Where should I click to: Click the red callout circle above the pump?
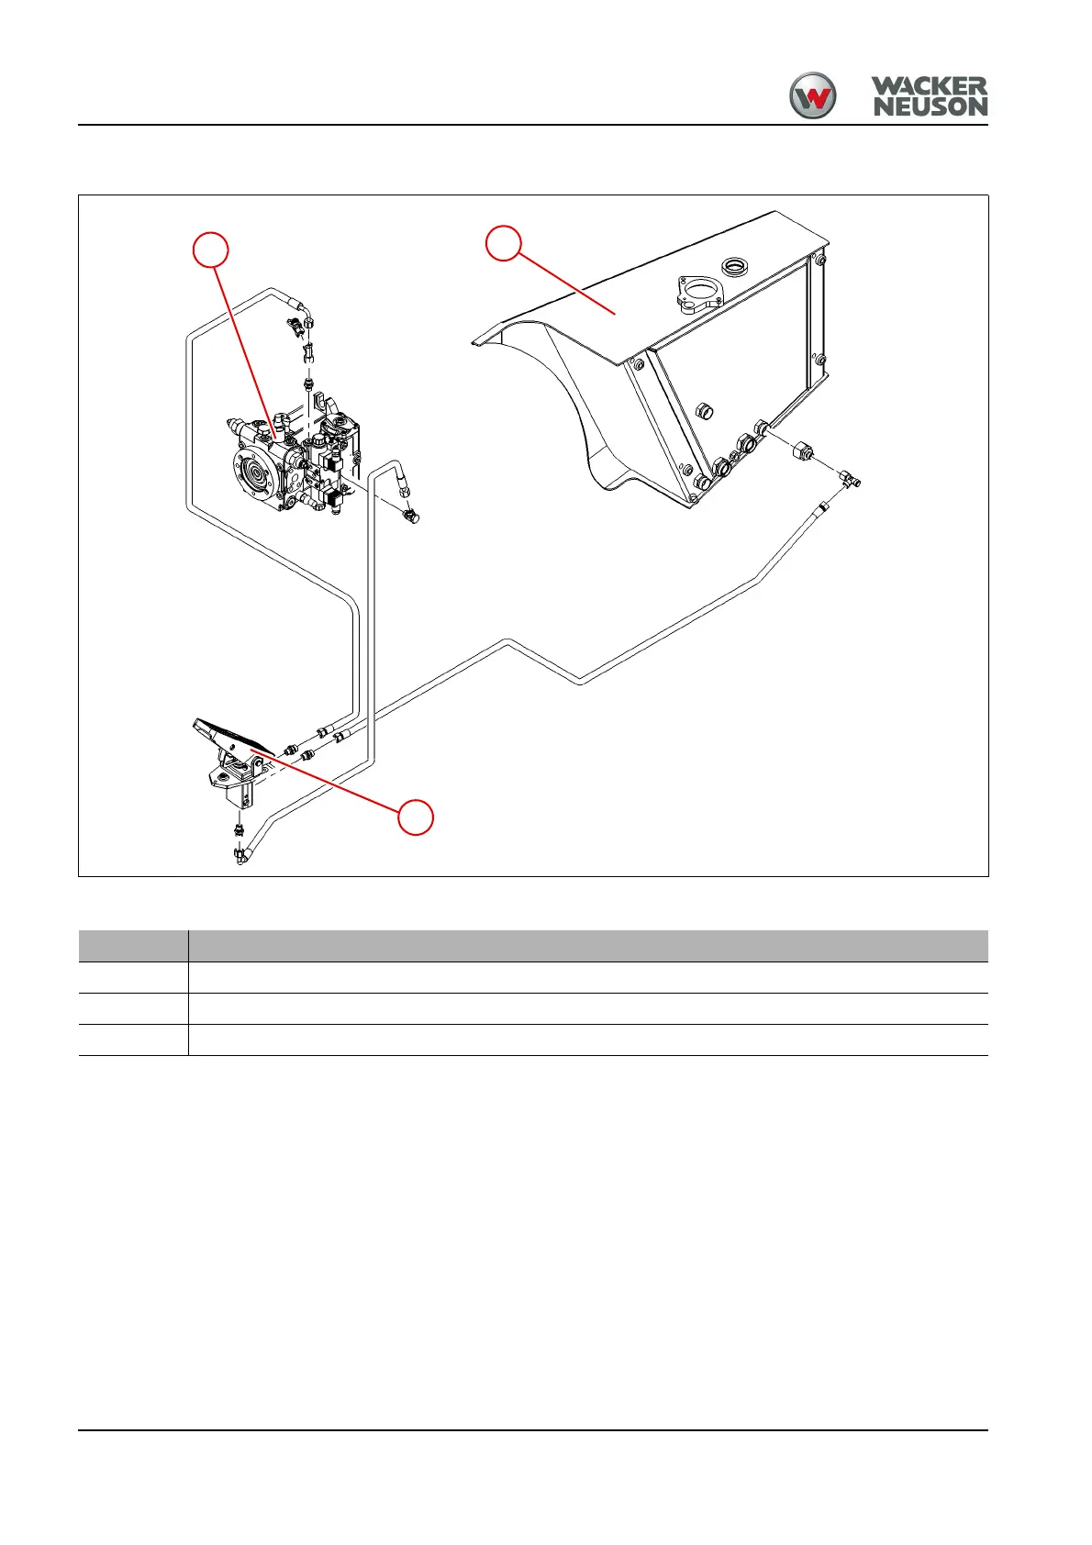coord(211,250)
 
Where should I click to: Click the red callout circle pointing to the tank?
coord(504,243)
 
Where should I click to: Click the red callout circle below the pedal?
coord(416,817)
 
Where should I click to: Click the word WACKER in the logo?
coord(929,87)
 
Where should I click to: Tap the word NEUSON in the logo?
coord(930,107)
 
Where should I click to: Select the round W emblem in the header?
coord(813,95)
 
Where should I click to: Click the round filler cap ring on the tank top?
coord(736,267)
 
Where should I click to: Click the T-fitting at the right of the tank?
coord(849,478)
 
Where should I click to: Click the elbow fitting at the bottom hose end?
coord(242,858)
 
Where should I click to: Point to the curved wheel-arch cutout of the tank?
coord(560,404)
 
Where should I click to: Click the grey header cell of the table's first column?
coord(133,946)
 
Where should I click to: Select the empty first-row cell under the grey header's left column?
coord(133,977)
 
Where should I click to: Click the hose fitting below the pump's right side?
coord(410,517)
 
